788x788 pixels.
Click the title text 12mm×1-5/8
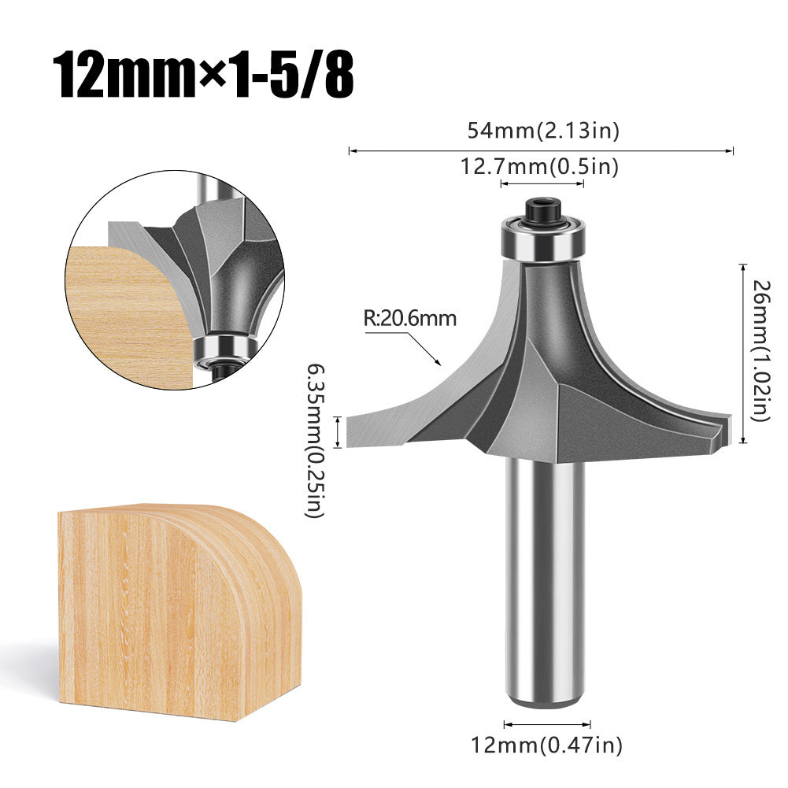[x=204, y=75]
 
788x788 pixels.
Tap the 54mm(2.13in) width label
[x=543, y=131]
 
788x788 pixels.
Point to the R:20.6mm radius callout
[x=409, y=319]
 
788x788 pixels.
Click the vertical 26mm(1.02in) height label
[x=760, y=350]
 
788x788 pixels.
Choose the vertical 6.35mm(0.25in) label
[x=314, y=439]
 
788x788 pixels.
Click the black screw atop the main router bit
[x=542, y=210]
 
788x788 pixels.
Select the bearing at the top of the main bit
[x=542, y=241]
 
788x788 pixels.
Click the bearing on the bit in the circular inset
[x=222, y=346]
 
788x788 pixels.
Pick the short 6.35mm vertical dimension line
[x=339, y=431]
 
